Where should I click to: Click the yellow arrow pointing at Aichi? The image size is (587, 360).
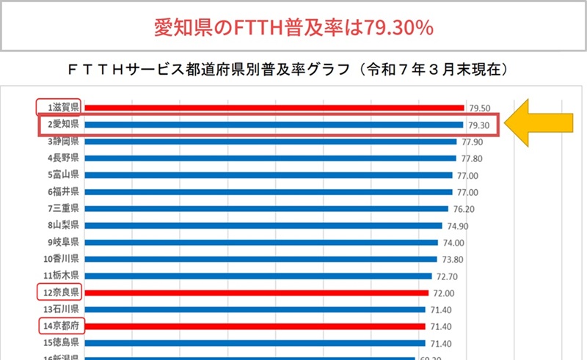coord(542,123)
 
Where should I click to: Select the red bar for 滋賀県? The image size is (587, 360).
coord(274,108)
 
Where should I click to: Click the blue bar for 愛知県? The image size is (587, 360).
coord(273,125)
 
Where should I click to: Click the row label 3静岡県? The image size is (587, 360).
coord(63,141)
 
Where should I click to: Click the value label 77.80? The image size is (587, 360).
coord(473,158)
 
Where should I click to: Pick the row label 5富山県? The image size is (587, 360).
coord(63,175)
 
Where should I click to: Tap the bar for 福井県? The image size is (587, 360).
coord(268,191)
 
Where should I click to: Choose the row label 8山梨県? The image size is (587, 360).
coord(63,225)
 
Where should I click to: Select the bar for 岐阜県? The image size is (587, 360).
coord(261,242)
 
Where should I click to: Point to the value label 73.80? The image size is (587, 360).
coord(451,259)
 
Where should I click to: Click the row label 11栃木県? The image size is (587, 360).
coord(62,276)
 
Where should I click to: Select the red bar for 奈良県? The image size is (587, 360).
coord(256,293)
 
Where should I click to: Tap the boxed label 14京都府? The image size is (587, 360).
coord(60,326)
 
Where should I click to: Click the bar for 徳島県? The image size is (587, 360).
coord(255,342)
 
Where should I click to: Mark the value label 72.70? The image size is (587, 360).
coord(447,276)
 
